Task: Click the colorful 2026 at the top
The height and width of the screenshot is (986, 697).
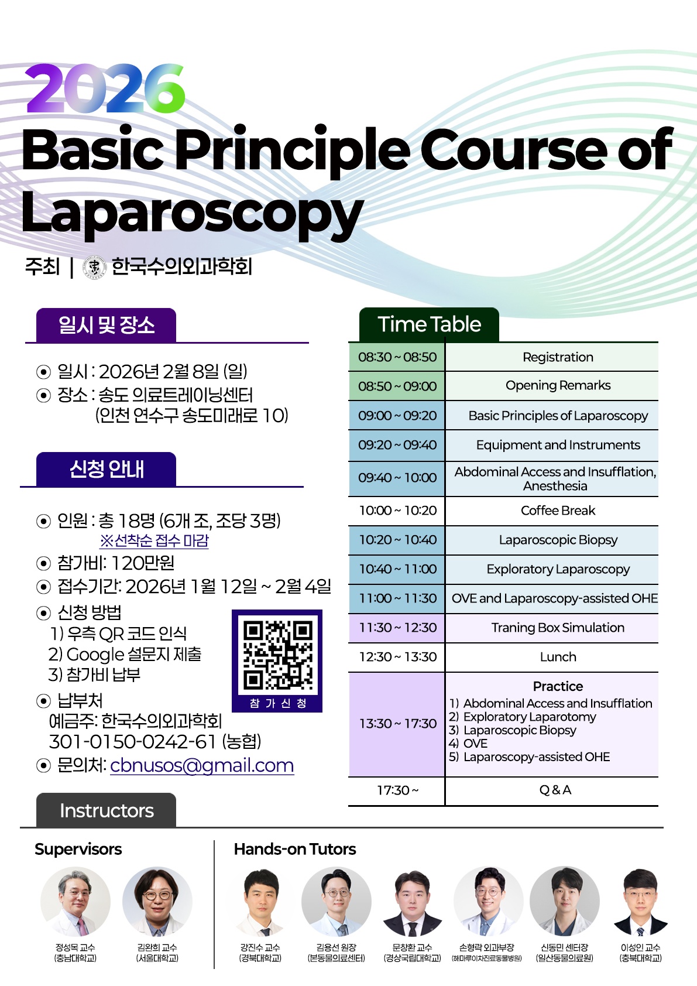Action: pos(105,88)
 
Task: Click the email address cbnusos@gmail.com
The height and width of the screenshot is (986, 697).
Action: pos(201,765)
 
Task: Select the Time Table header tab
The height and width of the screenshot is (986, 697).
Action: pos(429,324)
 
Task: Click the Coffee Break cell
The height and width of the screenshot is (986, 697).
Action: pos(557,511)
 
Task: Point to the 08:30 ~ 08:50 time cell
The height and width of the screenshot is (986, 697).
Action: pos(397,357)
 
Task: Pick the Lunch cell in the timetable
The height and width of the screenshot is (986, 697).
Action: pos(557,657)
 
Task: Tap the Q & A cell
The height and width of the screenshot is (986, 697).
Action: pos(555,790)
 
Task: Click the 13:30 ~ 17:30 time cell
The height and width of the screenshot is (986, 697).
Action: pos(397,724)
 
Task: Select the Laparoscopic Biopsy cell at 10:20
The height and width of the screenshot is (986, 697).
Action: pos(557,540)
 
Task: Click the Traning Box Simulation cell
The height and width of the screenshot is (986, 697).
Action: pos(557,628)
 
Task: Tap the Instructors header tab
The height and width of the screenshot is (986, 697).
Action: pos(107,810)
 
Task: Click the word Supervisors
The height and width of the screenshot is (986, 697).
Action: pos(78,849)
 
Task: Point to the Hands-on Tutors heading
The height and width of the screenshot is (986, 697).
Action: pos(294,849)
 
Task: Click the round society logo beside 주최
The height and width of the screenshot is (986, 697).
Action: pos(94,267)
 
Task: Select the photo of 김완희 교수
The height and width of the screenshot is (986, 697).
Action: pos(157,902)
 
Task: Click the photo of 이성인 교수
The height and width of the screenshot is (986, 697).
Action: pos(640,902)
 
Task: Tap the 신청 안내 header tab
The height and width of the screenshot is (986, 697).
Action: pos(107,469)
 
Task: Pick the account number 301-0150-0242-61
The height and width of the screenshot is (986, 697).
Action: pos(133,742)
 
